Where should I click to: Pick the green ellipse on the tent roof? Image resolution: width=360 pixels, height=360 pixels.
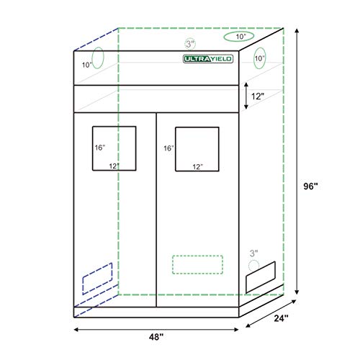[x=240, y=37]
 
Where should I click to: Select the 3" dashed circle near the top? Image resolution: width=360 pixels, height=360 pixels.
[x=189, y=42]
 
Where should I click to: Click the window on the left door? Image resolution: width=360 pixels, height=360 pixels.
[x=114, y=148]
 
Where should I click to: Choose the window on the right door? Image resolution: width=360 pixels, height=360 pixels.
[x=197, y=148]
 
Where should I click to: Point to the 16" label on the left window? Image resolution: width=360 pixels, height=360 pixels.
[x=99, y=148]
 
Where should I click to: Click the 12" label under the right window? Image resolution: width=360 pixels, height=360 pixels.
[x=197, y=167]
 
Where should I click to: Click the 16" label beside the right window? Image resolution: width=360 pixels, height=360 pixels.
[x=168, y=148]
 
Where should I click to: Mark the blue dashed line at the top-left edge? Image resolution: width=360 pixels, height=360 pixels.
[x=94, y=40]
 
